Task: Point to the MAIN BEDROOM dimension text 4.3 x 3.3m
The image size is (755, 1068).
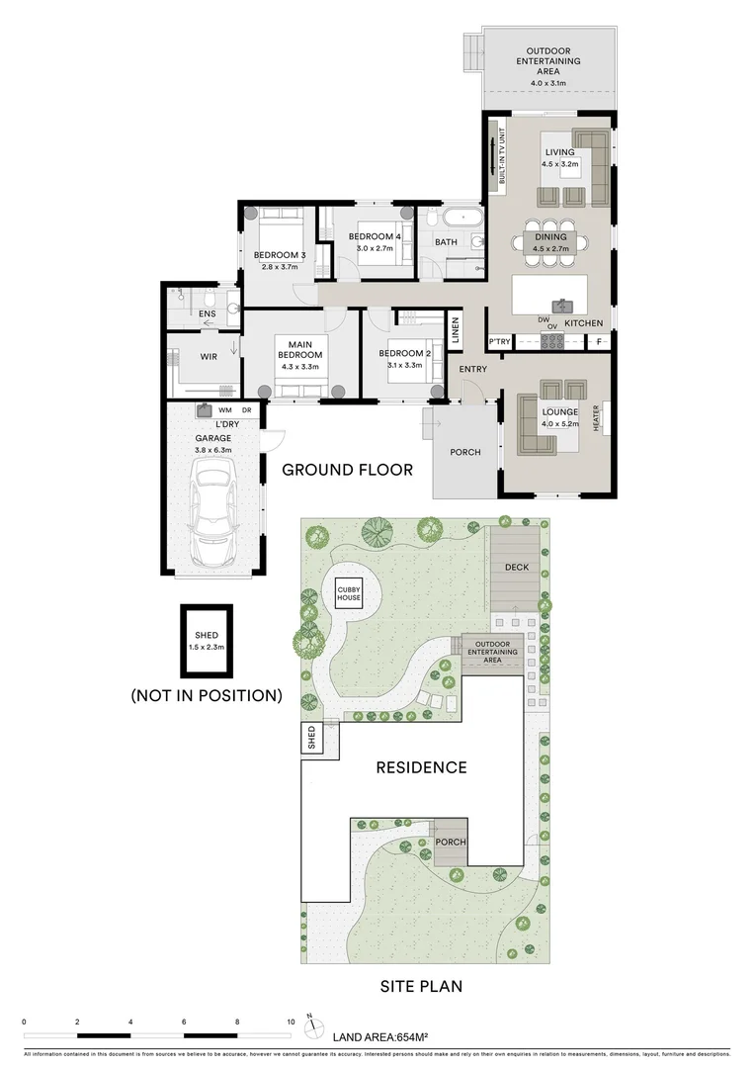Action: (x=299, y=366)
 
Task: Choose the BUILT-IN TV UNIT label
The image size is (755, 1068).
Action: (x=502, y=155)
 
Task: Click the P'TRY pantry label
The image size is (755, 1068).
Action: (x=499, y=342)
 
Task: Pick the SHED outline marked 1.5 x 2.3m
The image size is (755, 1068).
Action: (x=207, y=642)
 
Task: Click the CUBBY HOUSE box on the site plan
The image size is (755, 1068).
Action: (x=348, y=593)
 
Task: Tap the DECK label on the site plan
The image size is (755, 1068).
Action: (x=517, y=568)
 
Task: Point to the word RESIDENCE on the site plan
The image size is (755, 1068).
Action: (x=420, y=766)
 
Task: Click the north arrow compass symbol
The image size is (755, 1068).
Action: (x=312, y=1023)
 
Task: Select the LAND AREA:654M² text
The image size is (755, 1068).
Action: (x=380, y=1036)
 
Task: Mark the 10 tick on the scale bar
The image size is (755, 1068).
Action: (x=291, y=1022)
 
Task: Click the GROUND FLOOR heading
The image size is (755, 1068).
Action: (x=348, y=470)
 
